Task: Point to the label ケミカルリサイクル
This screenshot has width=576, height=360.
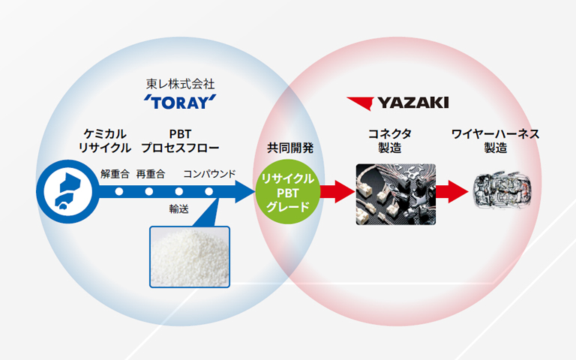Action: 105,140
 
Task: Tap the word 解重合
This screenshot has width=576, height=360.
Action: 115,175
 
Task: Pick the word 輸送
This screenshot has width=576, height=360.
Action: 178,208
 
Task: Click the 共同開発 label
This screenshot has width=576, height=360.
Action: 290,147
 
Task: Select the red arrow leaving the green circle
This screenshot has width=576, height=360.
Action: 335,192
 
